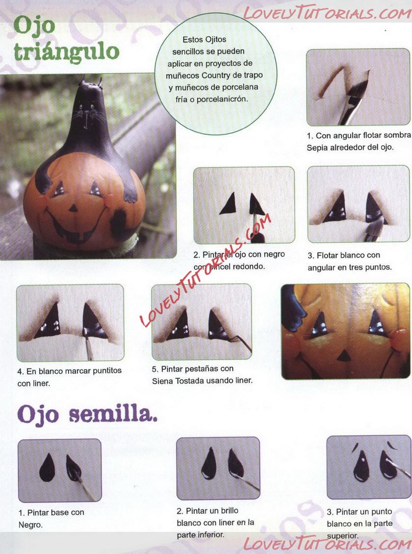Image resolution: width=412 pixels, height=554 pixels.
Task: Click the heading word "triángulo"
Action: click(67, 52)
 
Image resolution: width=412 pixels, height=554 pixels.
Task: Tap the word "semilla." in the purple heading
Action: click(113, 415)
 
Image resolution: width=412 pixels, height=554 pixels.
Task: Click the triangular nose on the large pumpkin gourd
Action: click(74, 208)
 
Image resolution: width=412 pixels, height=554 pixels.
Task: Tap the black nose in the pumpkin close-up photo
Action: click(342, 357)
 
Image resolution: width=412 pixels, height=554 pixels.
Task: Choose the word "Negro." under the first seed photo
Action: click(30, 525)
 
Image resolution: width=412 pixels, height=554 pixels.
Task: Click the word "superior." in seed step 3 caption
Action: click(343, 536)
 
